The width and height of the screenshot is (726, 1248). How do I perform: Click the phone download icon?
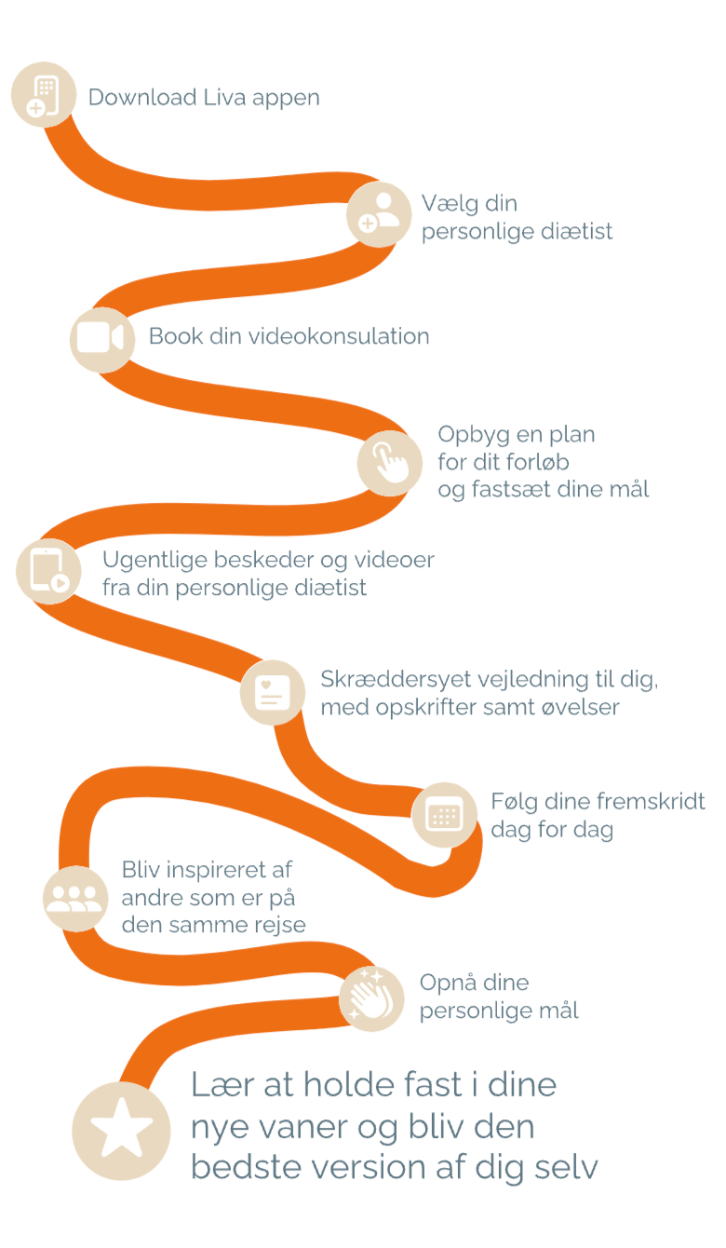coord(44,95)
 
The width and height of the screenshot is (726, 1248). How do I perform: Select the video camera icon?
coord(101,338)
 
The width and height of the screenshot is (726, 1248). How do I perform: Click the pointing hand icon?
coord(390,462)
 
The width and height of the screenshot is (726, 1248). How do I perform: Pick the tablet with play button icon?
coord(49,571)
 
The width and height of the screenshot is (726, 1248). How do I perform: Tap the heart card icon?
coord(272,693)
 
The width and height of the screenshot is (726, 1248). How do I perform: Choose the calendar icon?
coord(444,815)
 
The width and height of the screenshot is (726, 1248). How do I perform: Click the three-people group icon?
coord(75,898)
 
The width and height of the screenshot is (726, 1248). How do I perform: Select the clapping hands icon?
coord(371,998)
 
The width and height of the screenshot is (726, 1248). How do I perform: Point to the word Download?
coord(142,98)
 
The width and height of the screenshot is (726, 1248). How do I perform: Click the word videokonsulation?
coord(339,336)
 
